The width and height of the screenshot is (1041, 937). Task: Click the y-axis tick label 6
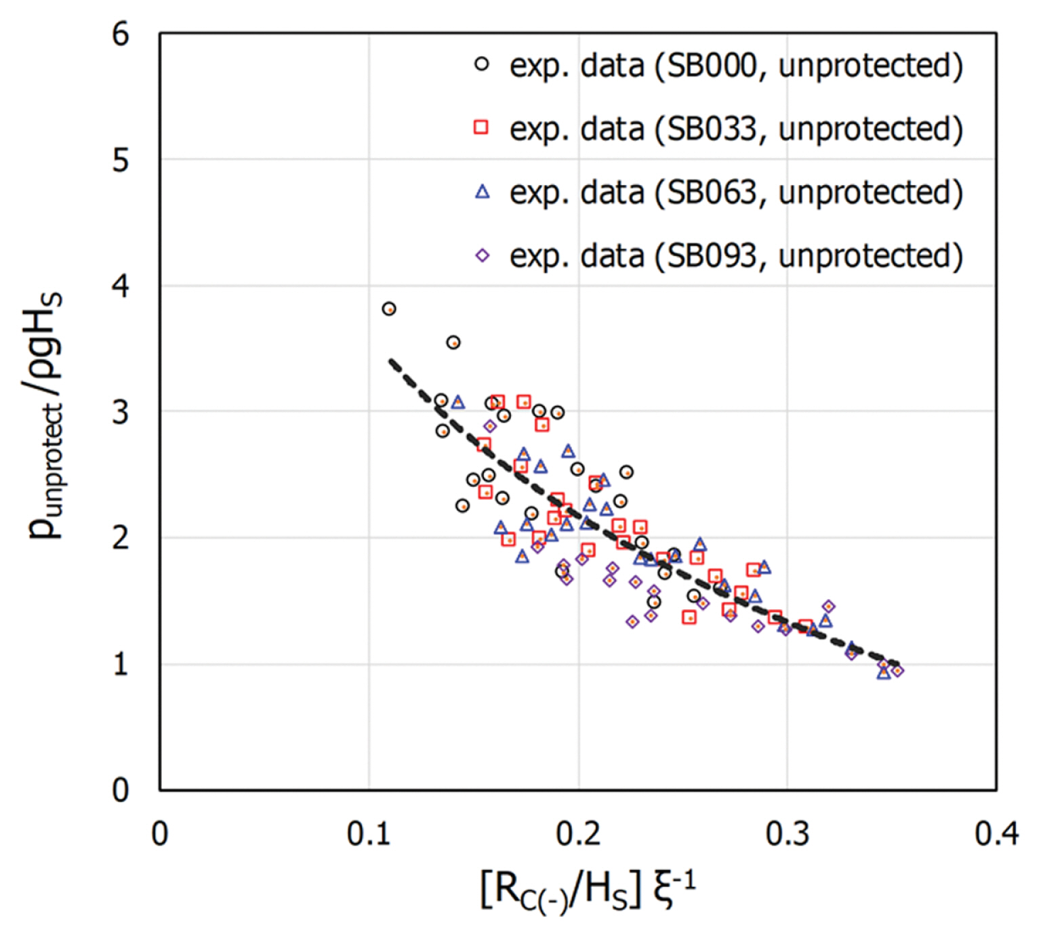click(x=121, y=34)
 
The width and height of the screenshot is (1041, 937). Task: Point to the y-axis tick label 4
click(x=121, y=286)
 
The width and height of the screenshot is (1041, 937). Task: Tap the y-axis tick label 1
click(x=121, y=664)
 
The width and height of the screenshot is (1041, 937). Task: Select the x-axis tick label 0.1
click(x=369, y=833)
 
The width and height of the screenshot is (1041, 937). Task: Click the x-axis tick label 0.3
click(x=787, y=833)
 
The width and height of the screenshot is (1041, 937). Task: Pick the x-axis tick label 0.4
click(x=996, y=833)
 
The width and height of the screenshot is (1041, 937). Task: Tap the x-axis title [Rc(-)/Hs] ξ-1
click(x=587, y=890)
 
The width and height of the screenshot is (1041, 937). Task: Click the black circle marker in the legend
click(x=482, y=64)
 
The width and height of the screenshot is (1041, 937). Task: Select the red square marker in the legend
click(x=481, y=127)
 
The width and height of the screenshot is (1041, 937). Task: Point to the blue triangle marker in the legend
click(x=482, y=192)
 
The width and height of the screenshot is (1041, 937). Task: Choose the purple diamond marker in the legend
click(x=482, y=255)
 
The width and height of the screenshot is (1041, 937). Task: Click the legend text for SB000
click(x=736, y=66)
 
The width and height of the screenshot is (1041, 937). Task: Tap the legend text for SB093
click(x=736, y=256)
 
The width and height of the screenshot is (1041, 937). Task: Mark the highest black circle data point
click(x=389, y=309)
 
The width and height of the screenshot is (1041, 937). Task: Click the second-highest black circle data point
click(x=453, y=343)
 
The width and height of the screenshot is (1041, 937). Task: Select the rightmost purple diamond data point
click(x=897, y=671)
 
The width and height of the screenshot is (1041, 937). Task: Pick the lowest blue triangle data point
click(x=883, y=673)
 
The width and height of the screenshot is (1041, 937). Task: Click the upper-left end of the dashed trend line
click(x=390, y=361)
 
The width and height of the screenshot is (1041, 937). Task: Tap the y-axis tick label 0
click(x=121, y=790)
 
